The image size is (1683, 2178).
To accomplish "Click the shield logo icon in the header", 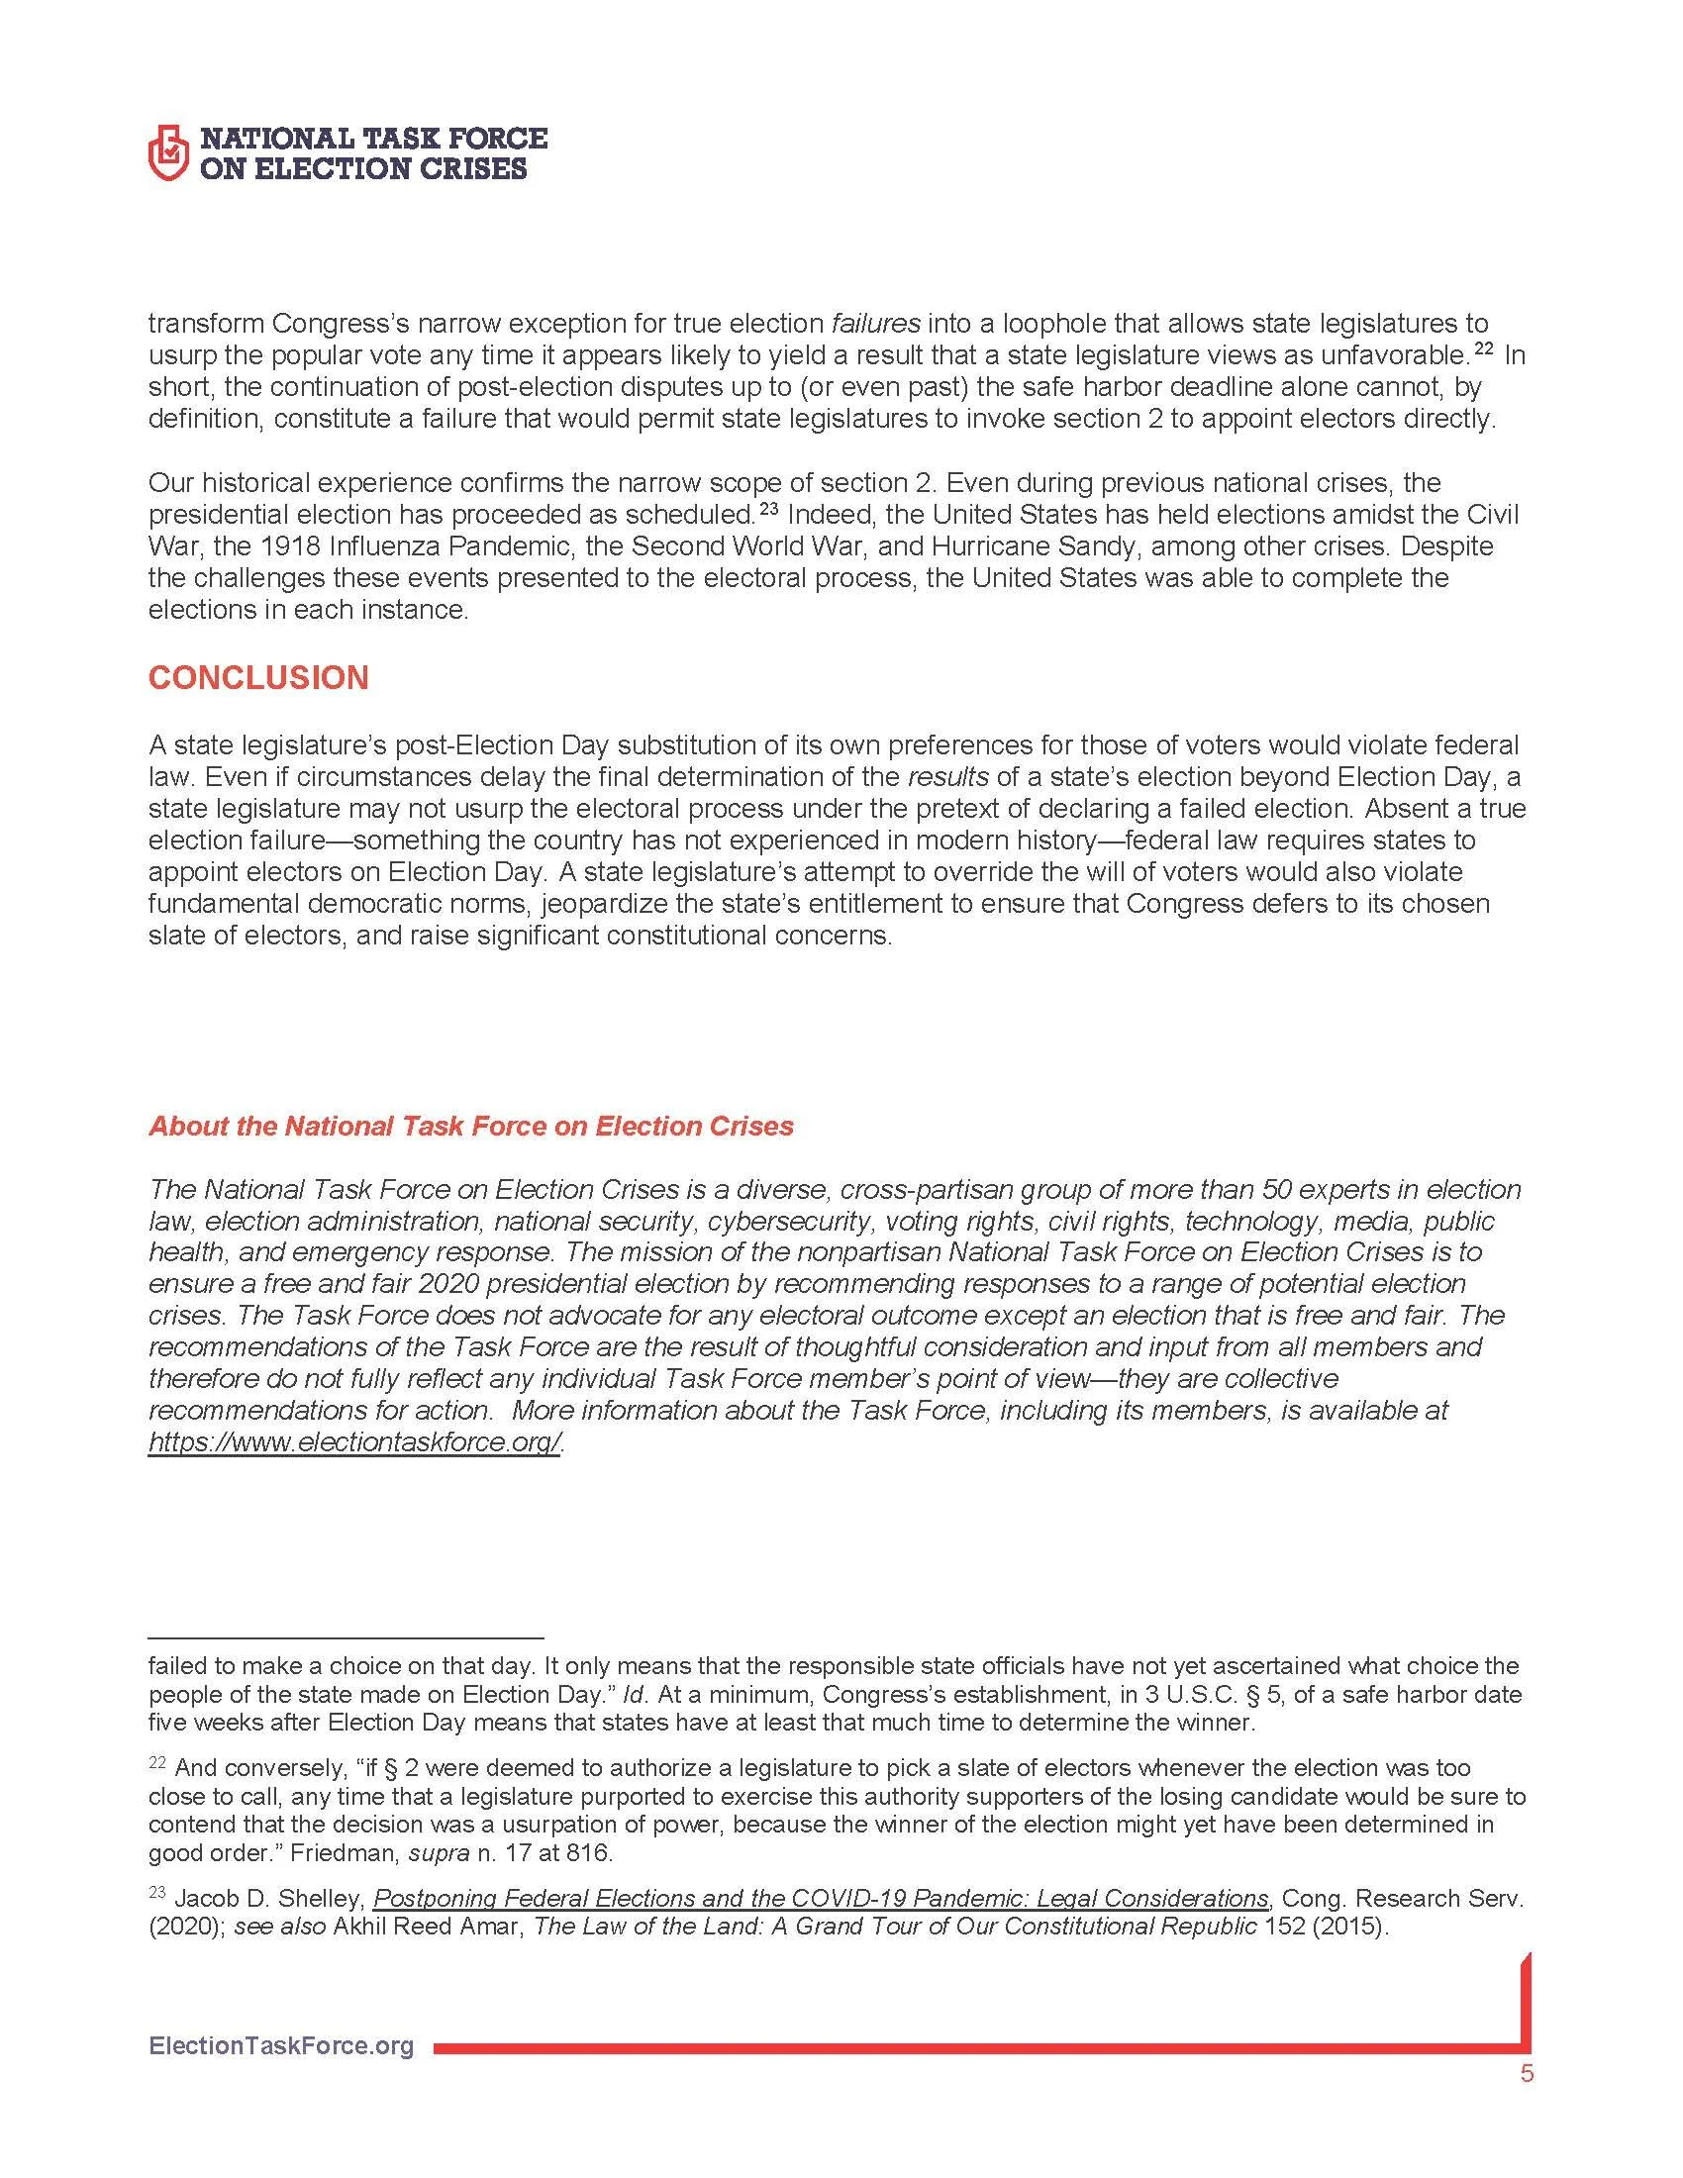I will (167, 152).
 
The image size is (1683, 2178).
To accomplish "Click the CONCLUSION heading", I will (258, 678).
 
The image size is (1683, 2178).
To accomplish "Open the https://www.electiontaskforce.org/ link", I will (355, 1443).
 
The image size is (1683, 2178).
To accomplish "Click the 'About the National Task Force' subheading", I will (470, 1126).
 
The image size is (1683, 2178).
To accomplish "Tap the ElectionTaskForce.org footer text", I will (281, 2046).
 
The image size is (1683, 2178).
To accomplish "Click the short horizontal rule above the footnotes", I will (345, 1637).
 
